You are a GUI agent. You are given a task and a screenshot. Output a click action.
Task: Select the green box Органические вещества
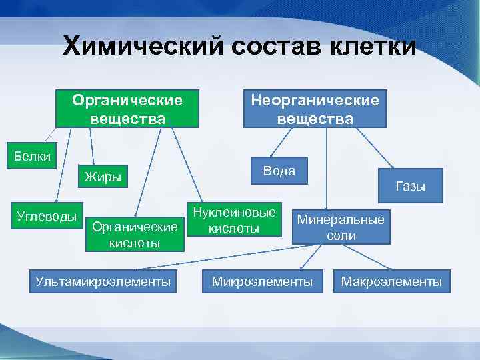[x=127, y=109]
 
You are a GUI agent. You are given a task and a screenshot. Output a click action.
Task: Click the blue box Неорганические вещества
[x=315, y=109]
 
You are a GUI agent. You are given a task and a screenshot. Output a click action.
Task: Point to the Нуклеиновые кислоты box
[x=234, y=220]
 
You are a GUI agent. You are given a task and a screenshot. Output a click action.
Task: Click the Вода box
[x=279, y=171]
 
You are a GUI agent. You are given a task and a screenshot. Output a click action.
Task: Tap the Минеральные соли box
[x=341, y=227]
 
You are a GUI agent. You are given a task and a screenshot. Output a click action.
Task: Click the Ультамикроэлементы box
[x=103, y=282]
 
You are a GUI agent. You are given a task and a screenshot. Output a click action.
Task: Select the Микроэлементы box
[x=262, y=282]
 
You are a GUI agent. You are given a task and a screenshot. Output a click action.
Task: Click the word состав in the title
[x=265, y=47]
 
